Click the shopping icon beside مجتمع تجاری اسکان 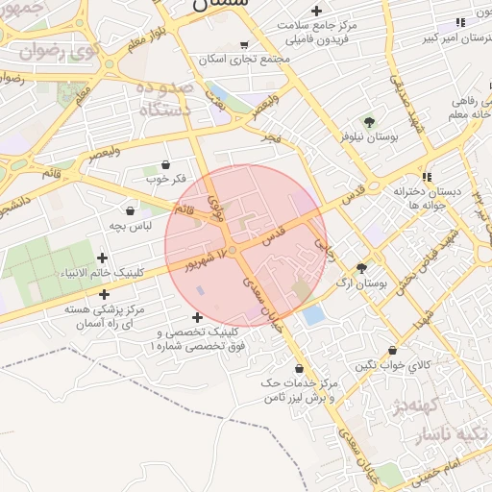(244, 44)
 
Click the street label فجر (273, 140)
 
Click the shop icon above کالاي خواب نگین (392, 352)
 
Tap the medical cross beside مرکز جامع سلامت (316, 11)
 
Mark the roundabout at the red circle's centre (232, 250)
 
